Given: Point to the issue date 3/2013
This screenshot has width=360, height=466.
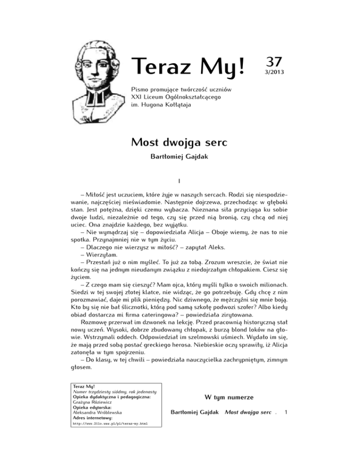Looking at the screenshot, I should coord(274,73).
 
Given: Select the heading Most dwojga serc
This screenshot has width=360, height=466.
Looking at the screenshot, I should coord(180,142).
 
